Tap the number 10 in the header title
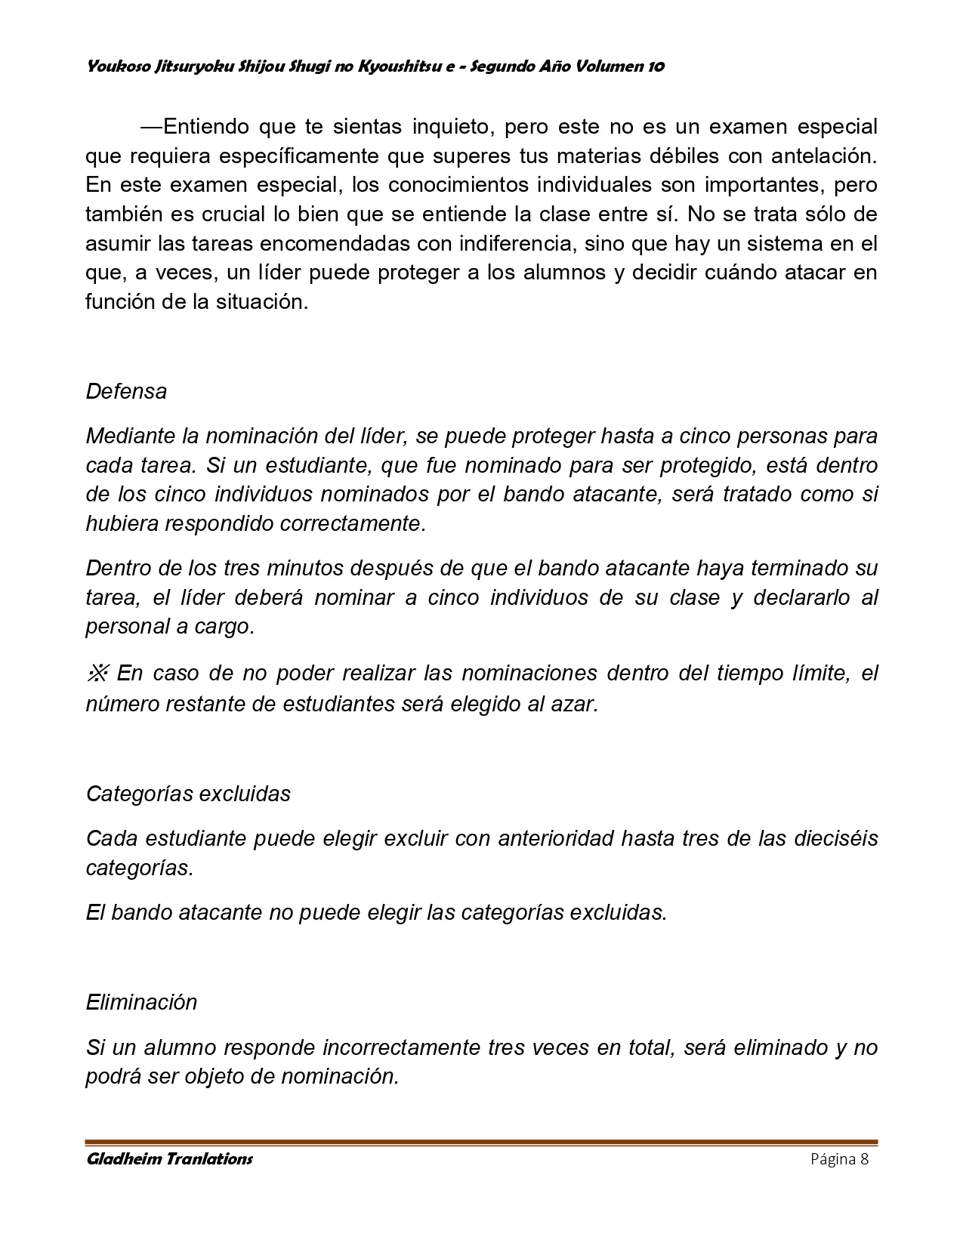(x=656, y=66)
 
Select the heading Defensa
(x=126, y=391)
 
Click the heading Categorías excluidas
(x=188, y=794)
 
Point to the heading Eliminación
(x=141, y=1002)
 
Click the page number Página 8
(x=840, y=1159)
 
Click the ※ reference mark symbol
(x=99, y=672)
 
